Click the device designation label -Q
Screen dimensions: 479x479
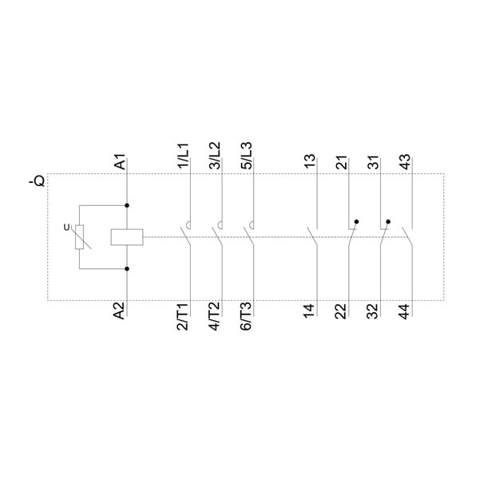coord(37,180)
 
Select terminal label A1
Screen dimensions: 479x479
coord(120,161)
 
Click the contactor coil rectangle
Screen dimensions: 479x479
coord(127,237)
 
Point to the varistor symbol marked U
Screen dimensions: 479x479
coord(79,237)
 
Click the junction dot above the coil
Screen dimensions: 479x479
coord(127,206)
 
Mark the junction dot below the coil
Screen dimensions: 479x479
coord(127,269)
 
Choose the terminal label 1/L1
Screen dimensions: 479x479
coord(184,156)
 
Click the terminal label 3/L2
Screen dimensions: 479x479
coord(215,156)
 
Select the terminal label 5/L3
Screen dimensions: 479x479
coord(247,156)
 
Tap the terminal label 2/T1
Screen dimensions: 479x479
coord(183,316)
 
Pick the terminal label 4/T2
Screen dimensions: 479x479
coord(215,316)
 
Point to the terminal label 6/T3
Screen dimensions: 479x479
coord(246,316)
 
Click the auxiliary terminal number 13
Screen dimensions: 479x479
coord(310,162)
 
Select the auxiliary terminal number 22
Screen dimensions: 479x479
coord(341,311)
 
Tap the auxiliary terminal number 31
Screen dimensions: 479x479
coord(374,162)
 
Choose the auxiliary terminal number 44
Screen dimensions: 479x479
coord(405,311)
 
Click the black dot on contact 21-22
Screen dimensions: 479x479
coord(357,221)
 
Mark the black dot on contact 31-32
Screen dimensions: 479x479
coord(388,221)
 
